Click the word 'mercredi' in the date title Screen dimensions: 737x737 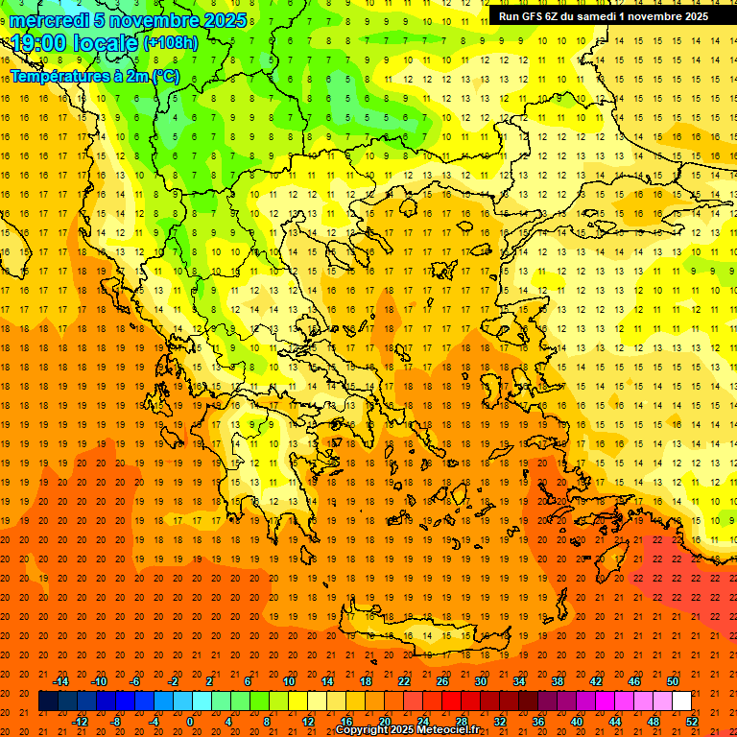pyautogui.click(x=48, y=20)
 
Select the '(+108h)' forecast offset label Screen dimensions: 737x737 pyautogui.click(x=171, y=43)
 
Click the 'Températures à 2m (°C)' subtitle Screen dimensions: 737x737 pyautogui.click(x=94, y=76)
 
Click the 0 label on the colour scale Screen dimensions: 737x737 pyautogui.click(x=190, y=721)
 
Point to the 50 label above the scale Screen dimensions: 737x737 pyautogui.click(x=672, y=681)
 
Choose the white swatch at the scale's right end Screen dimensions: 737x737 pyautogui.click(x=682, y=701)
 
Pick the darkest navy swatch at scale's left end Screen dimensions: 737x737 pyautogui.click(x=48, y=701)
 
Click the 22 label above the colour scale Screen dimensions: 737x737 pyautogui.click(x=404, y=681)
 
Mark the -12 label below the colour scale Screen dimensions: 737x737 pyautogui.click(x=80, y=721)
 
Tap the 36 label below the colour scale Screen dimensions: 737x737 pyautogui.click(x=538, y=721)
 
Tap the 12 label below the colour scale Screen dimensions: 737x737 pyautogui.click(x=308, y=721)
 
